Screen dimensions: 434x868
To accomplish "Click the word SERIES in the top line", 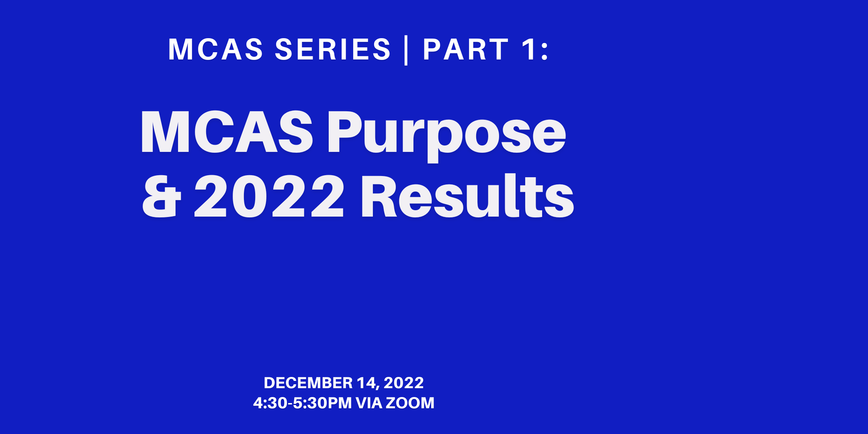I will click(333, 50).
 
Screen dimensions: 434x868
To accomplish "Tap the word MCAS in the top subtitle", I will click(215, 50).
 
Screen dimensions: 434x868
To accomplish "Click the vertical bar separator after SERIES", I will click(406, 50).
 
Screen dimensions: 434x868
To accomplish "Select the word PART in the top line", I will click(466, 50).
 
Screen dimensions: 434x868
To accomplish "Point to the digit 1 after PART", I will click(528, 50).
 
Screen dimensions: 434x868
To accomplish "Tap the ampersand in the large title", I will click(162, 197).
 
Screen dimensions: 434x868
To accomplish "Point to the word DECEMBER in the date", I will click(308, 383).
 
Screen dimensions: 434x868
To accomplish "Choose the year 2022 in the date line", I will click(403, 383).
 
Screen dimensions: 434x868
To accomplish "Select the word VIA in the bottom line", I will click(369, 403).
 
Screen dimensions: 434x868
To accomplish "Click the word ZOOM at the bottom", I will click(410, 403).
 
